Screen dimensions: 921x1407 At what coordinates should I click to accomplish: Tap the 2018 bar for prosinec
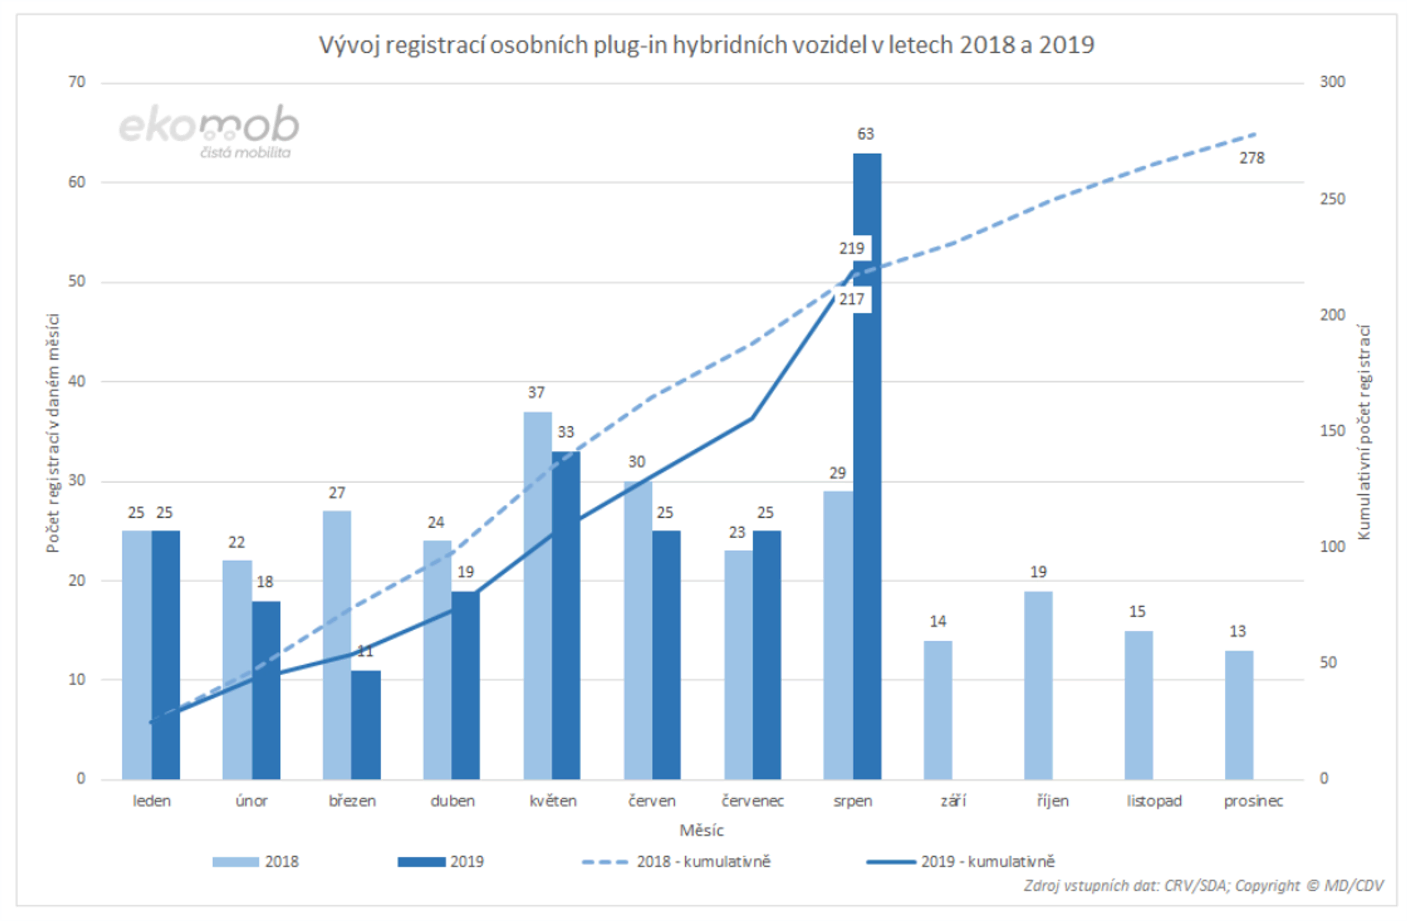click(x=1239, y=715)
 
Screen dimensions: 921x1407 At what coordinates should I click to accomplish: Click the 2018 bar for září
click(x=937, y=710)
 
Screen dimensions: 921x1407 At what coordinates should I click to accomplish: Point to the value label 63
click(x=865, y=134)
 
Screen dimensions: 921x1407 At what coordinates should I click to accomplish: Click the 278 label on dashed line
click(x=1252, y=158)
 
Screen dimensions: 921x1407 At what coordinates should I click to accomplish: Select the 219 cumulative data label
click(x=851, y=249)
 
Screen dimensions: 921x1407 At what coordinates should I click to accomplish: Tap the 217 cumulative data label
click(x=851, y=299)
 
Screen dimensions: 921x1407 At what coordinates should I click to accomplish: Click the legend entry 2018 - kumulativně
click(x=703, y=861)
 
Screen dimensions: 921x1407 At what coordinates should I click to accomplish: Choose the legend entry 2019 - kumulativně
click(x=987, y=861)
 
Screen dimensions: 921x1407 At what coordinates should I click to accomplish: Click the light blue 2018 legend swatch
click(x=235, y=862)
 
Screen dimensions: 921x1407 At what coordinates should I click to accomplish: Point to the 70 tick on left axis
click(x=77, y=82)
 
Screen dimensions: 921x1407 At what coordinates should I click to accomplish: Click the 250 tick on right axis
click(x=1332, y=199)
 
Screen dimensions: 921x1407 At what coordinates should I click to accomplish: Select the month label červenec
click(x=752, y=801)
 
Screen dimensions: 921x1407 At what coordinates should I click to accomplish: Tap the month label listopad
click(x=1153, y=801)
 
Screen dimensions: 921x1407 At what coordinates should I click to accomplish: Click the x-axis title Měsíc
click(x=701, y=831)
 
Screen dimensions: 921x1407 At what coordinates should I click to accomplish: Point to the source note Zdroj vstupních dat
click(x=1203, y=885)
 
